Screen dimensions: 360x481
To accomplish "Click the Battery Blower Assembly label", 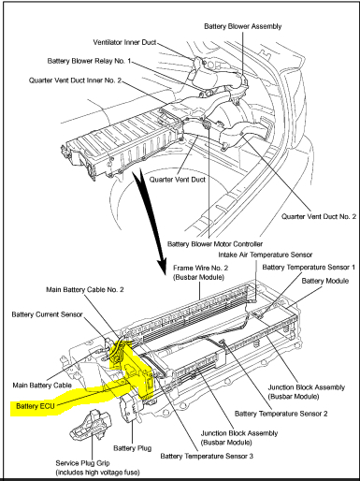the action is tap(243, 26).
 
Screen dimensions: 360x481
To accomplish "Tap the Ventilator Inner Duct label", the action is tap(124, 42).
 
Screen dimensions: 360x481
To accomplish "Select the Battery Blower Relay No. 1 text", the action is tap(89, 61).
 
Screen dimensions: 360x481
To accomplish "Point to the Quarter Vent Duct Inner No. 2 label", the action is tap(75, 80).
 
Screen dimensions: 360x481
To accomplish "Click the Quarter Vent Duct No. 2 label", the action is tap(319, 216).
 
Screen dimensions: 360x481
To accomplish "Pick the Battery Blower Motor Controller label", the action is tap(215, 244).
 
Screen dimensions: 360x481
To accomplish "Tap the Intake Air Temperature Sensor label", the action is tap(266, 255).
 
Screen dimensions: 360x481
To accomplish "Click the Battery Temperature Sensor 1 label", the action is tap(309, 268).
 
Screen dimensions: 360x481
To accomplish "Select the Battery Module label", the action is tap(325, 281).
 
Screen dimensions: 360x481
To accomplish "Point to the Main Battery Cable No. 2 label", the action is tap(85, 290).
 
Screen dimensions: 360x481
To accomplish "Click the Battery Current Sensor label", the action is tap(47, 314).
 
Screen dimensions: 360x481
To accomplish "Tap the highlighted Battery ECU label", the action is tap(36, 406).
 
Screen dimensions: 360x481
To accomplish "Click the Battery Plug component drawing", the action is tap(130, 407).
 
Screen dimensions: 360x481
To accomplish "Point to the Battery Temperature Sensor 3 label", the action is tap(207, 456).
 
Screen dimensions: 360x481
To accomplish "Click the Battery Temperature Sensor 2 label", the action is tap(281, 414).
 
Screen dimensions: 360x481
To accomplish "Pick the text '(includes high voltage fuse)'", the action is tap(97, 473).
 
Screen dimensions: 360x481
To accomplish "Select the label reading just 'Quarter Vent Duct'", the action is tap(178, 180).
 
